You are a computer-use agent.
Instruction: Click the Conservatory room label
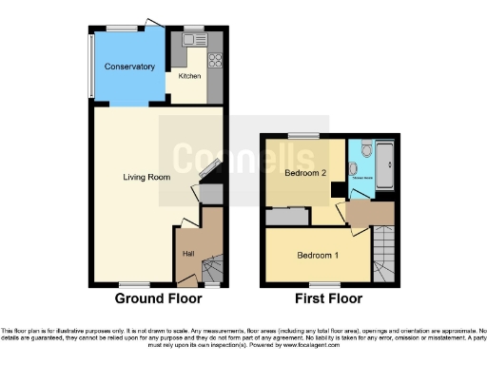click(130, 67)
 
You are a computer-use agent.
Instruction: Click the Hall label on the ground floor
click(187, 254)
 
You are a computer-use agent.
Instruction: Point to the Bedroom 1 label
click(317, 256)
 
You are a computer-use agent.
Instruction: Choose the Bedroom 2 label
click(305, 174)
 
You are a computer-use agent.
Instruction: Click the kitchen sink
click(196, 40)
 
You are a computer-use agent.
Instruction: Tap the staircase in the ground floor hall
click(212, 271)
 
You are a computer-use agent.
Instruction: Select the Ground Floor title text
click(158, 298)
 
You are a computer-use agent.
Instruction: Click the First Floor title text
click(328, 298)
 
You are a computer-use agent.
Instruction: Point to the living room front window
click(132, 284)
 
